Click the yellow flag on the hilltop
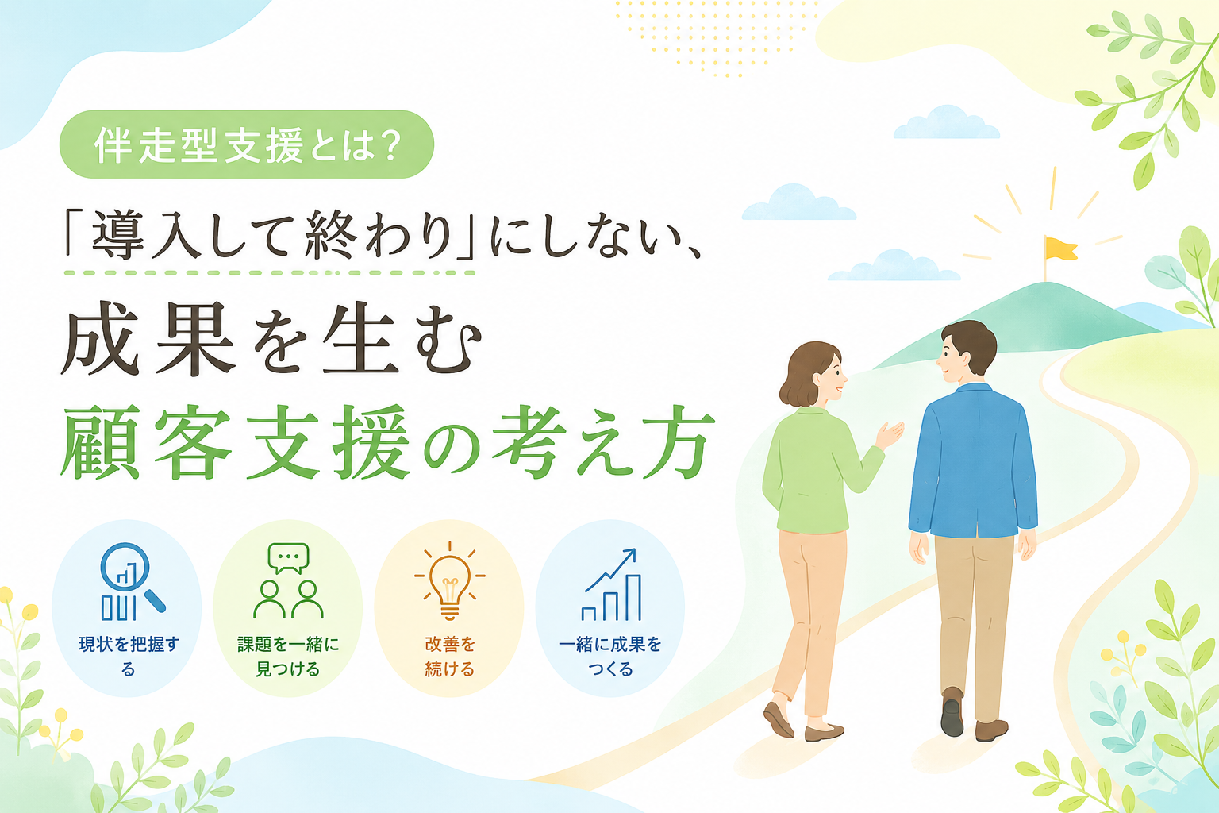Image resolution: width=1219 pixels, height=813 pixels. tap(1060, 249)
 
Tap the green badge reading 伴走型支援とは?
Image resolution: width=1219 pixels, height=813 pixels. tap(247, 144)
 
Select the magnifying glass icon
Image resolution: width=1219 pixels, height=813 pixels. tap(133, 576)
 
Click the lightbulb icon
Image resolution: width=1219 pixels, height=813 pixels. tap(449, 582)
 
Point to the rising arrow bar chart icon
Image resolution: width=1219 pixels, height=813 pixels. tap(611, 584)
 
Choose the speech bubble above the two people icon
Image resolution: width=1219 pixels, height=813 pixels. tap(288, 557)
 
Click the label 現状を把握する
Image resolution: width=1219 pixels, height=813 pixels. tap(129, 656)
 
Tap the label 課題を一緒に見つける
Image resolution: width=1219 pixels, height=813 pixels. tap(288, 656)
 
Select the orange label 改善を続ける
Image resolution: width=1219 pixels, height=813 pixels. tap(449, 656)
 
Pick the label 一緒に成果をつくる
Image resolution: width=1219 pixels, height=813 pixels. tap(610, 656)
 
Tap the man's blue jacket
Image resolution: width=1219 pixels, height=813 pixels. tap(973, 462)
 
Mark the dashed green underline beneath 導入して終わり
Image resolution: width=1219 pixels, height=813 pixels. tap(269, 272)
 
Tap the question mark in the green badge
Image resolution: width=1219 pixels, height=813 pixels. tap(391, 144)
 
